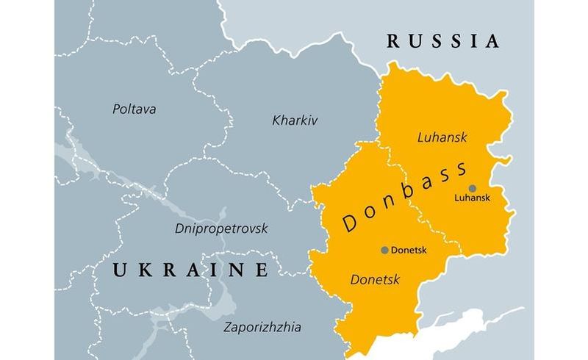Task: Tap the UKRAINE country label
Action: (190, 270)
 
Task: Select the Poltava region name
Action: (135, 109)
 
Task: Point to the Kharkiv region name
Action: (295, 120)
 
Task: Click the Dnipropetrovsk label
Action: (221, 228)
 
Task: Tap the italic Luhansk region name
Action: (442, 137)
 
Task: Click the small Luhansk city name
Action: (472, 198)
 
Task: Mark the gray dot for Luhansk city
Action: (472, 188)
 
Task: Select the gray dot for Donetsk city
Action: (384, 250)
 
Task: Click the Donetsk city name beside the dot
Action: (409, 250)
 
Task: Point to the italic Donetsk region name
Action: (376, 280)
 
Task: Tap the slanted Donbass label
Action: (404, 198)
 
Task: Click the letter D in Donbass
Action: (351, 226)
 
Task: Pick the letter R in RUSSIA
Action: (394, 40)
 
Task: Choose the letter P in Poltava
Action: (116, 109)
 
